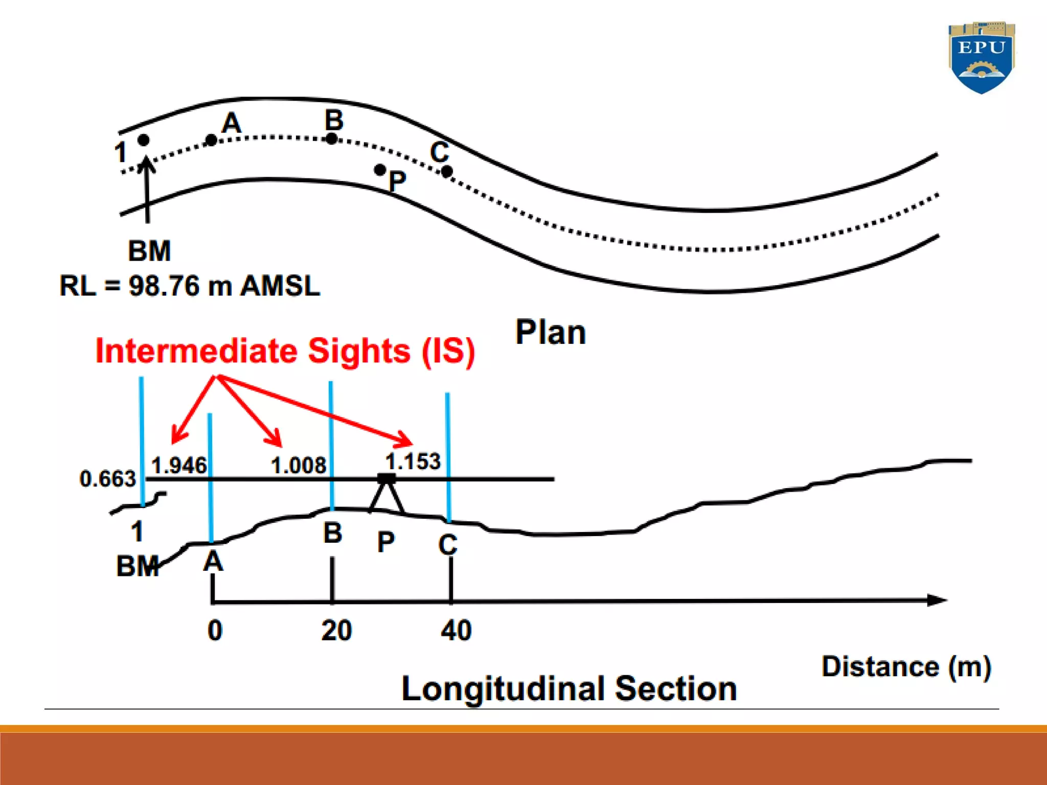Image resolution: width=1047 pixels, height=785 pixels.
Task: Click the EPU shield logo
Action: click(x=981, y=57)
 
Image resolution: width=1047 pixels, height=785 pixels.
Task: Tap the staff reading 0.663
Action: click(x=108, y=479)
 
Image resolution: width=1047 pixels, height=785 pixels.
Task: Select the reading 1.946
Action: click(x=179, y=466)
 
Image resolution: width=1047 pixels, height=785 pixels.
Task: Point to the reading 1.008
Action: click(x=298, y=466)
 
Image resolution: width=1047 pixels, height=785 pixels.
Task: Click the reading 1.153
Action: click(x=413, y=461)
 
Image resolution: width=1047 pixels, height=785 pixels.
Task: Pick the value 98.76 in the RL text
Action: click(x=164, y=286)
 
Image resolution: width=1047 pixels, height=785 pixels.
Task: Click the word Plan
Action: click(x=550, y=333)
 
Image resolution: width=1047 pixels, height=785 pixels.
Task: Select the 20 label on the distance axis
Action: click(x=336, y=630)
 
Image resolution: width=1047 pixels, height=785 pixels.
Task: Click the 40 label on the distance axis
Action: click(x=456, y=630)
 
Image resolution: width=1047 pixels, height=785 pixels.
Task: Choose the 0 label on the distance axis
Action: click(x=215, y=630)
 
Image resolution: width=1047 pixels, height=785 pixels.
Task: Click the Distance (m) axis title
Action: click(x=906, y=667)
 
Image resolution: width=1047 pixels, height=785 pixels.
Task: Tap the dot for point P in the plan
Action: click(x=379, y=169)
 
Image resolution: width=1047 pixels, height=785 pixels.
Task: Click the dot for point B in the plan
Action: click(x=332, y=138)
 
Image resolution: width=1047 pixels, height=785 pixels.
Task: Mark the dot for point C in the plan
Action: click(x=447, y=172)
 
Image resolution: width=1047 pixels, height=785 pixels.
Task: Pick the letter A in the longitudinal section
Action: click(x=213, y=562)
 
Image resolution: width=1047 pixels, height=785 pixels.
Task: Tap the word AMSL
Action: click(x=280, y=286)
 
